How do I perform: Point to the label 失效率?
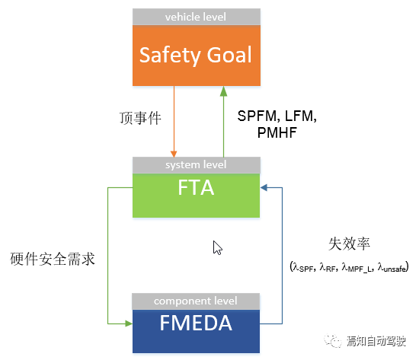pos(344,245)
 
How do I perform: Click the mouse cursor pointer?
pos(217,247)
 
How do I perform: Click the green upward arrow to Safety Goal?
pos(223,122)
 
